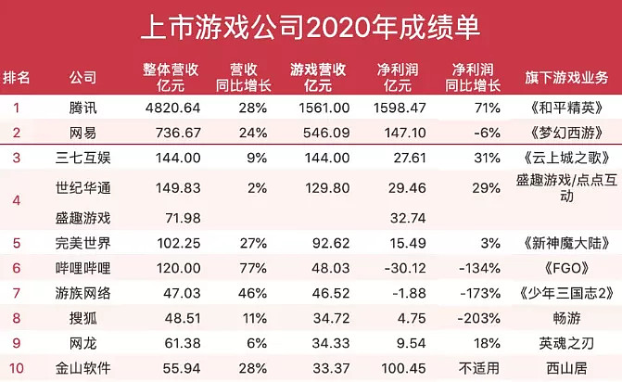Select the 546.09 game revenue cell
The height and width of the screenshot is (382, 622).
[x=321, y=134]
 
